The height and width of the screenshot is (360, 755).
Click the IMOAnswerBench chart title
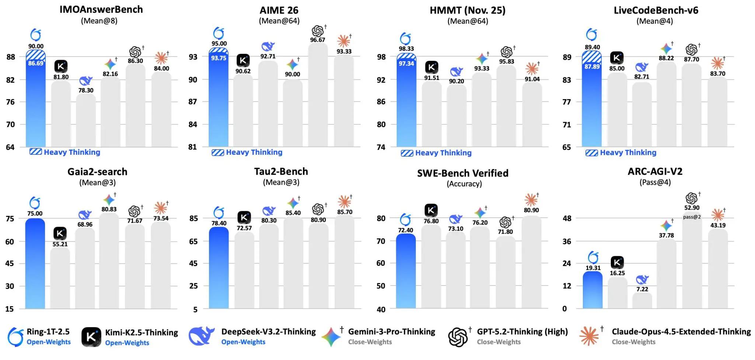[101, 10]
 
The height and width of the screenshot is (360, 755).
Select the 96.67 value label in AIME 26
[317, 40]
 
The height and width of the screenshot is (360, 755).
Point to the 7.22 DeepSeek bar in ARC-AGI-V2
[642, 300]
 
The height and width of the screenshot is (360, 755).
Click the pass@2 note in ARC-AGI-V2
[692, 217]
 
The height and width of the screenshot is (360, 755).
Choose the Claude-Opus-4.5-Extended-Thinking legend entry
[681, 332]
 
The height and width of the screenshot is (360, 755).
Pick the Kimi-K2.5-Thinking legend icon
[91, 337]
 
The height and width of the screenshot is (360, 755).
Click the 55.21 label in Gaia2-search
[60, 244]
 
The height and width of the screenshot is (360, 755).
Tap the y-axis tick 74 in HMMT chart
[381, 147]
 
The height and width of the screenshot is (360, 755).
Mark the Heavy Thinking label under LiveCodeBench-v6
[628, 153]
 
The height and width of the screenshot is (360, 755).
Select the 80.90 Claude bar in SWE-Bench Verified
[531, 262]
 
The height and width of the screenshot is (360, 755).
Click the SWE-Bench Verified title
[463, 173]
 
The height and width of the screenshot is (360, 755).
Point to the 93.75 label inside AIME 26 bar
[219, 58]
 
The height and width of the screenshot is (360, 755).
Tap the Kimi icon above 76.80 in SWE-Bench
[431, 210]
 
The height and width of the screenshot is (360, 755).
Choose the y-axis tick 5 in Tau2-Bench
[195, 310]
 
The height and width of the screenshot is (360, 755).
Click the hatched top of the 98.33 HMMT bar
[406, 57]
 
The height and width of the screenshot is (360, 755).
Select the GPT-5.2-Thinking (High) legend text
[522, 332]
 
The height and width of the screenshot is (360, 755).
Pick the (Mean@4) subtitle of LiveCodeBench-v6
[654, 21]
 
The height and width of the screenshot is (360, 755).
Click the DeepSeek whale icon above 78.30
[86, 81]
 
